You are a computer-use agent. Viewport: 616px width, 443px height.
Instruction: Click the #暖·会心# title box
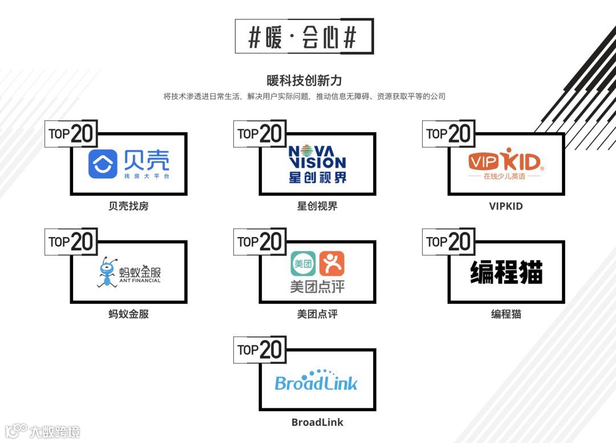(304, 36)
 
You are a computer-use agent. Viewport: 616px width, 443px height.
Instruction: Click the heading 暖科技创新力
(304, 80)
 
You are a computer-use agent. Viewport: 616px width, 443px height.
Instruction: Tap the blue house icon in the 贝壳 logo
(103, 164)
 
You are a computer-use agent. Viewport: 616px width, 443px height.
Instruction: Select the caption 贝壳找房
(128, 206)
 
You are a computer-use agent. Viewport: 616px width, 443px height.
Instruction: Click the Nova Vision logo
(317, 164)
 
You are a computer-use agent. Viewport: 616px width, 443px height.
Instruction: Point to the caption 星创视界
(317, 206)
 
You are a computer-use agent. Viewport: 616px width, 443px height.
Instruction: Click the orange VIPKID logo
(505, 162)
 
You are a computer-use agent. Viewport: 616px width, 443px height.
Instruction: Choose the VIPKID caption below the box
(505, 206)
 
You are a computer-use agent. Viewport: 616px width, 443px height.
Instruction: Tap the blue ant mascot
(106, 272)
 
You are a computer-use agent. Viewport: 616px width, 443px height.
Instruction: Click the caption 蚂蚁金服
(128, 314)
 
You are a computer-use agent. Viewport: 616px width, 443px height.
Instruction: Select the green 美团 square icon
(302, 264)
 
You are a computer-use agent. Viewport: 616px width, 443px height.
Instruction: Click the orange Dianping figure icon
(332, 264)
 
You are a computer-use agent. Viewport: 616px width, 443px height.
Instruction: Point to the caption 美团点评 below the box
(317, 314)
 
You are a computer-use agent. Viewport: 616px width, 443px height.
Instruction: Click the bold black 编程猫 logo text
(506, 272)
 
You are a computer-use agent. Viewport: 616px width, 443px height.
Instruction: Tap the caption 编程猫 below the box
(506, 314)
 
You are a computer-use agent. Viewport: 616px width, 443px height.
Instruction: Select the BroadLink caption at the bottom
(317, 422)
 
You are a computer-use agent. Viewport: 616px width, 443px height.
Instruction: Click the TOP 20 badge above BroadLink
(260, 349)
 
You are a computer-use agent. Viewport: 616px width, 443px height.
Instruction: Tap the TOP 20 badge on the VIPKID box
(448, 134)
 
